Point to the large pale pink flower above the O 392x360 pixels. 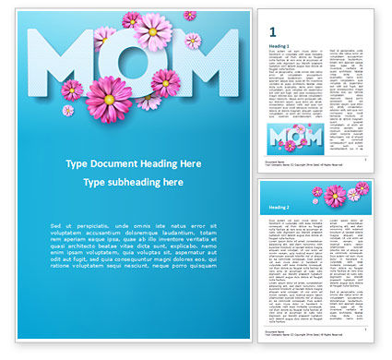coord(152,31)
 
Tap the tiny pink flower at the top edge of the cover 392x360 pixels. coord(189,15)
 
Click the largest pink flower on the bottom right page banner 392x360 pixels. coord(334,195)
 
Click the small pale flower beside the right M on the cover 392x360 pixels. coord(193,41)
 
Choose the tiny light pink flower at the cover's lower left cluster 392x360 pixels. coord(68,111)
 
